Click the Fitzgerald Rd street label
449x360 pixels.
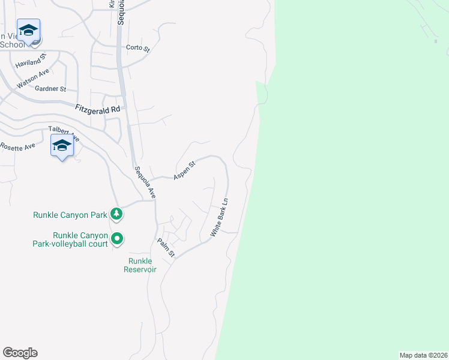click(98, 109)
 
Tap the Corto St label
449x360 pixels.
click(137, 48)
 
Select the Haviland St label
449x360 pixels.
click(30, 61)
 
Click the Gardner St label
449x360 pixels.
click(50, 89)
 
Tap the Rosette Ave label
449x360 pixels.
click(17, 146)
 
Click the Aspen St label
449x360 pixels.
click(184, 170)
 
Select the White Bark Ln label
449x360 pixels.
click(219, 217)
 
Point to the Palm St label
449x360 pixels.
click(166, 248)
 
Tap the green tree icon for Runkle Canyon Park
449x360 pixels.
click(116, 214)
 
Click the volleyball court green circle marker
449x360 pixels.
click(118, 239)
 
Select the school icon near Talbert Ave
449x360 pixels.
click(62, 146)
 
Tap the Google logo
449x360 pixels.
click(20, 353)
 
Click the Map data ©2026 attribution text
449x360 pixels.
click(423, 355)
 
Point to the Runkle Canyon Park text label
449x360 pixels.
click(70, 214)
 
